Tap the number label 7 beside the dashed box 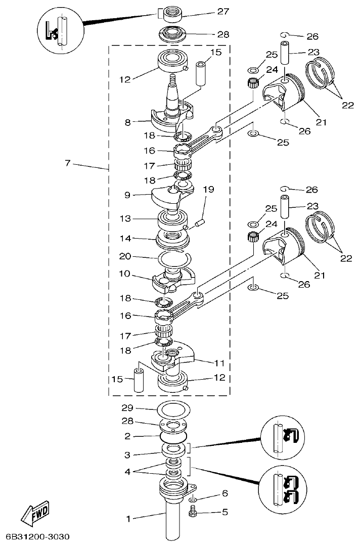[x=67, y=163]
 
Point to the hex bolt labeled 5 [x=193, y=513]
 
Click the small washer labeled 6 [x=193, y=500]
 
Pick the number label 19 [x=209, y=190]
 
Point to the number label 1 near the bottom [x=128, y=519]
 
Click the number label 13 [x=126, y=218]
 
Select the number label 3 [x=128, y=455]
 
